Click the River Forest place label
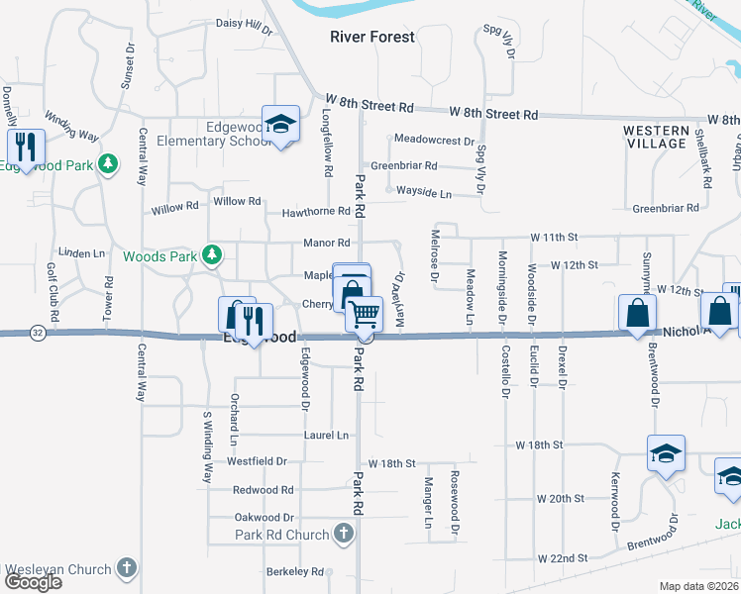[371, 38]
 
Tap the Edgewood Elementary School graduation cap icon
[281, 124]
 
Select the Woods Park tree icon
[211, 255]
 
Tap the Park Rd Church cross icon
[343, 535]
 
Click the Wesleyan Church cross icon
[126, 568]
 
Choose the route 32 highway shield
[38, 332]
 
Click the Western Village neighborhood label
[656, 137]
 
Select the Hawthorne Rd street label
[316, 211]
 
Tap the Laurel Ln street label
[327, 435]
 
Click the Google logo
[32, 582]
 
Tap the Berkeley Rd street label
[295, 571]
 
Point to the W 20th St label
[562, 498]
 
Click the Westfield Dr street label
[257, 461]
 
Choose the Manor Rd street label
[327, 243]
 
